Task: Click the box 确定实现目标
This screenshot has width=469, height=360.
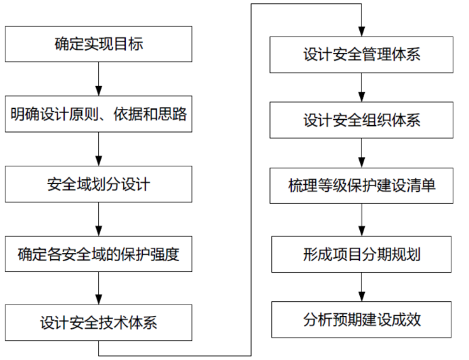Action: pos(99,45)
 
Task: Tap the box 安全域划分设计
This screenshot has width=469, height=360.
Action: pos(99,183)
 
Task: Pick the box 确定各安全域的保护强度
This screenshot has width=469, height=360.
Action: pos(99,255)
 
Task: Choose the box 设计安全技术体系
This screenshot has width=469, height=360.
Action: pos(99,322)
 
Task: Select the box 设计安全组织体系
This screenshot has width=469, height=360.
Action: pos(361,120)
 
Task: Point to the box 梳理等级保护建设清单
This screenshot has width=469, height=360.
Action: pos(361,185)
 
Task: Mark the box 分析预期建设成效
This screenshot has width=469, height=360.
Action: pos(361,318)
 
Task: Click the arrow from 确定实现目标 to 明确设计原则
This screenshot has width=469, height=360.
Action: pos(99,80)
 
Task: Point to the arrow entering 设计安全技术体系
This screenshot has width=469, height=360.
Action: pos(99,289)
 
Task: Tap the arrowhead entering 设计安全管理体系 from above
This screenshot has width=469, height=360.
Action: pos(361,31)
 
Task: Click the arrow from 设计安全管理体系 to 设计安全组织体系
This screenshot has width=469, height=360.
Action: pos(361,87)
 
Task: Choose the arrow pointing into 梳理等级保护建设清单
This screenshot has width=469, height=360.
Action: pos(361,153)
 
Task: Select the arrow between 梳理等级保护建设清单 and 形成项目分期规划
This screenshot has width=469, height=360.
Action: pos(361,220)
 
